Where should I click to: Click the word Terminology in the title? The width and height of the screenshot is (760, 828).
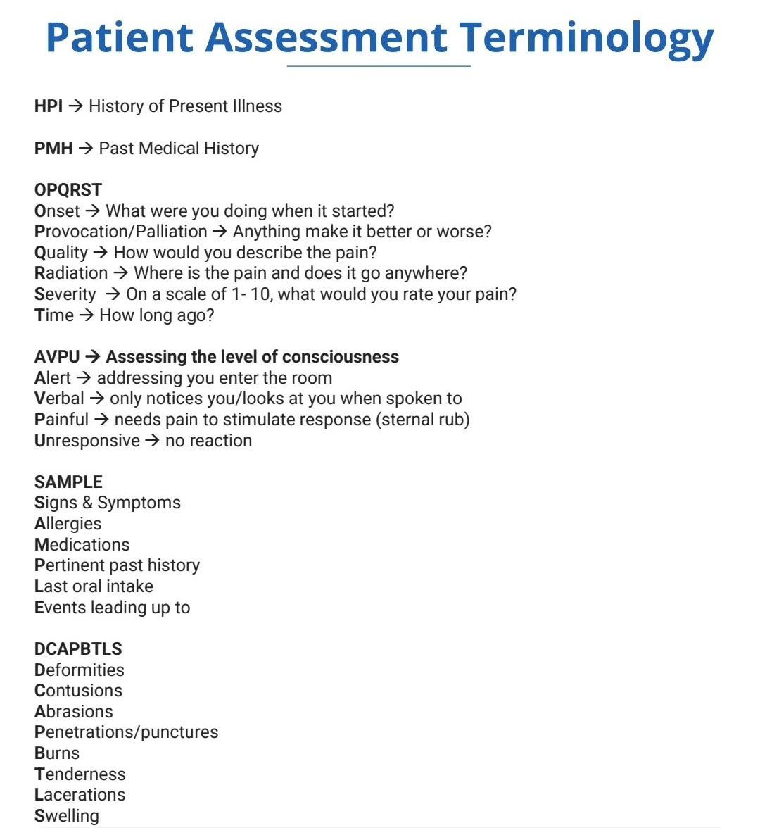[x=587, y=39]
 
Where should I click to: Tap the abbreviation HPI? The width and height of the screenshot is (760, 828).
[x=49, y=106]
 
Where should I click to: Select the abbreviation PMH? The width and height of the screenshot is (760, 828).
[x=53, y=149]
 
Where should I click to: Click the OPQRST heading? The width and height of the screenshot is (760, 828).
[x=68, y=190]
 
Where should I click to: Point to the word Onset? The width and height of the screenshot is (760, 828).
[x=57, y=211]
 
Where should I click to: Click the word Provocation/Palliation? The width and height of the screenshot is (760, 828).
[x=121, y=232]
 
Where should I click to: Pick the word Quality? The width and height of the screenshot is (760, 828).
[x=61, y=253]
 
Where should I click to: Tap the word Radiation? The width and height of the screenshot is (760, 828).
[x=71, y=273]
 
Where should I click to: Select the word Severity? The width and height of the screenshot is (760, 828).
[x=65, y=294]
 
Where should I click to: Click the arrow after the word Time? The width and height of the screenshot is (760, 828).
[x=87, y=315]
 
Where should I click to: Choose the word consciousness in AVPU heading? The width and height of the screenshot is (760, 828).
[x=341, y=357]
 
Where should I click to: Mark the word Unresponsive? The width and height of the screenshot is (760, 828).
[x=87, y=441]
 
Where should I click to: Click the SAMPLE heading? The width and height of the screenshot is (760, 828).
[x=68, y=482]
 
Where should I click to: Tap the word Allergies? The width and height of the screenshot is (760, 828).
[x=68, y=524]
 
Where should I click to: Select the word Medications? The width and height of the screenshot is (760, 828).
[x=82, y=545]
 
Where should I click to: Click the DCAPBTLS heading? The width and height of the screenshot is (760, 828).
[x=78, y=649]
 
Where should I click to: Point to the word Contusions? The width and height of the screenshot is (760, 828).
[x=78, y=691]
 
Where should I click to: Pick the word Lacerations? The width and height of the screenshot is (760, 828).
[x=80, y=795]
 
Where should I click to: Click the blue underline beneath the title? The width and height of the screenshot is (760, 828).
[x=379, y=66]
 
